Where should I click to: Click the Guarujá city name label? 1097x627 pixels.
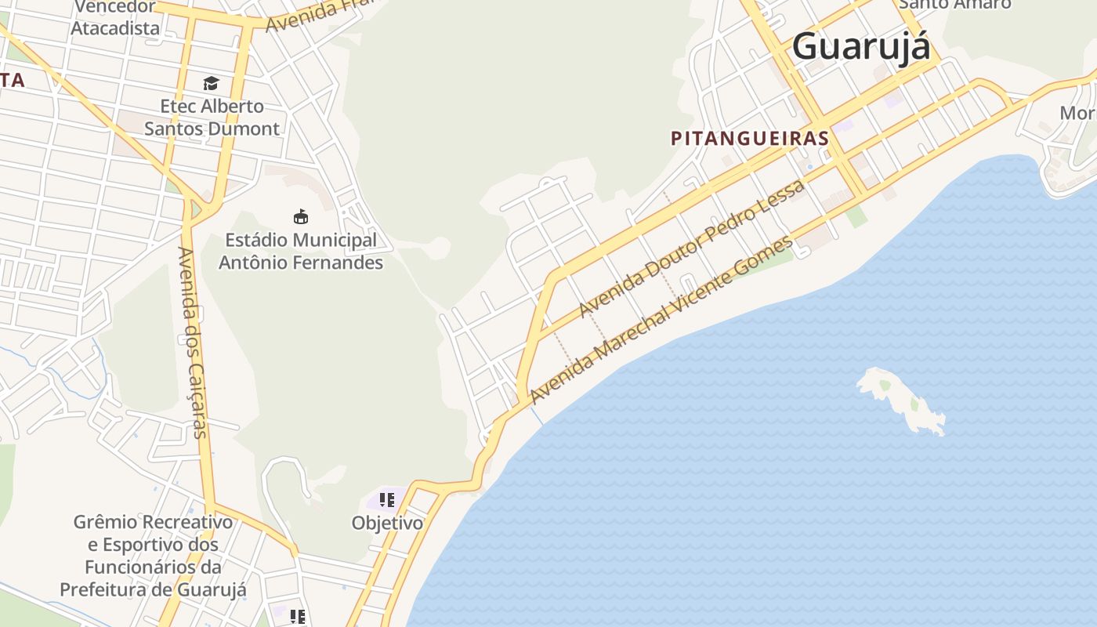coord(861,47)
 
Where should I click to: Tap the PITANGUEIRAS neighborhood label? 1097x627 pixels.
coord(750,139)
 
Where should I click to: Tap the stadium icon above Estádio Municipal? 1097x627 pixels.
coord(300,216)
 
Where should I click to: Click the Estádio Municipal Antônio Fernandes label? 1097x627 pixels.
coord(301,252)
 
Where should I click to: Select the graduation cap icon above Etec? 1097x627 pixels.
coord(211,83)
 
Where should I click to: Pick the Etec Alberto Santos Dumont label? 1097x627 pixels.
coord(212,118)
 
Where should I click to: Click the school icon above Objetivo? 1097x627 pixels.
coord(386,499)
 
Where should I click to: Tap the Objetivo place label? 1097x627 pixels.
coord(387,523)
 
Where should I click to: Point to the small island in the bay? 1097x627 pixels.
coord(901,400)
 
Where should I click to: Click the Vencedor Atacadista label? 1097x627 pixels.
coord(114,17)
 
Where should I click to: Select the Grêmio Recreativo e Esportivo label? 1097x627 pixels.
coord(153,556)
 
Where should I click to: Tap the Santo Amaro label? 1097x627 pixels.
coord(954,5)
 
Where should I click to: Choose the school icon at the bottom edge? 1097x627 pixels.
coord(297,617)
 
